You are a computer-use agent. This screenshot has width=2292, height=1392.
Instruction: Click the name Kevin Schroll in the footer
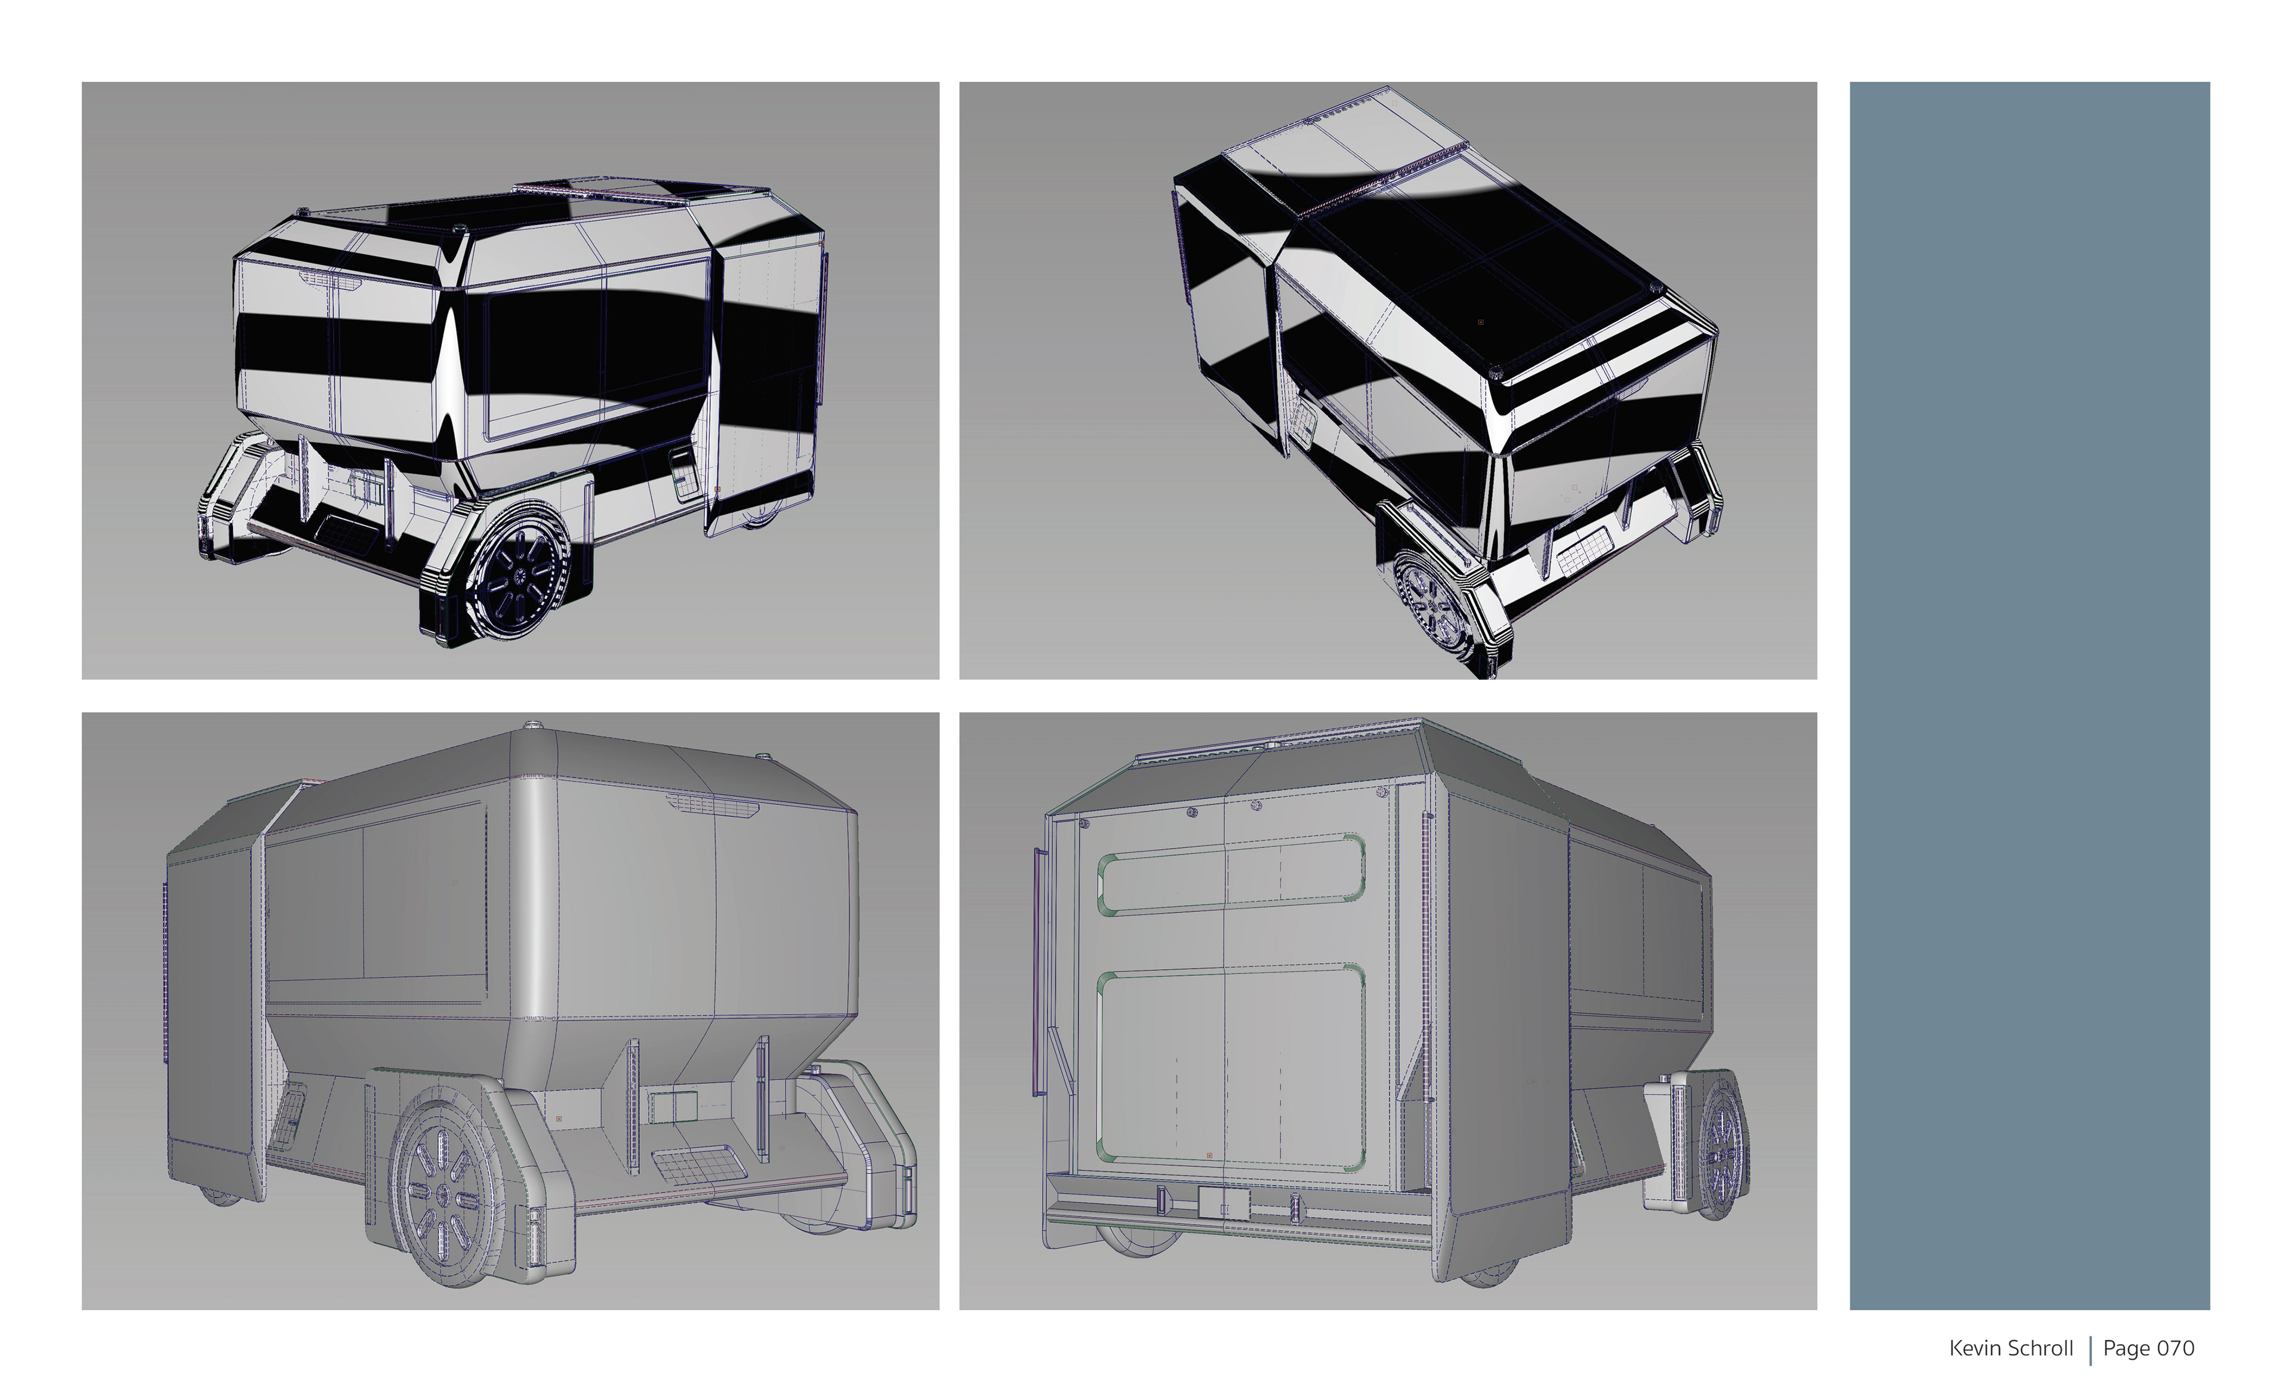[2011, 1348]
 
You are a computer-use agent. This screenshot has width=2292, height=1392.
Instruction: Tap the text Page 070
[2149, 1348]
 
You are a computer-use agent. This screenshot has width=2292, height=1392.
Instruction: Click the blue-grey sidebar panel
[2030, 696]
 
